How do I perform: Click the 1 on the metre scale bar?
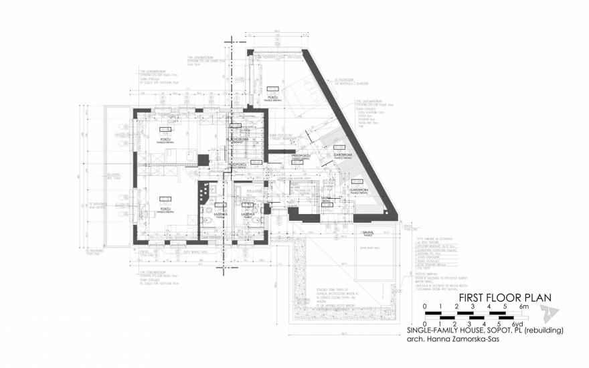(440, 306)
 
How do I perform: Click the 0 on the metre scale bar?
(424, 306)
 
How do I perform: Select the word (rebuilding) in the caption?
(541, 331)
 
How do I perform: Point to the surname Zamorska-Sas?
(473, 339)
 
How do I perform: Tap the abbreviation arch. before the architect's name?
(415, 339)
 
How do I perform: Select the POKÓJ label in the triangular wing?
(272, 98)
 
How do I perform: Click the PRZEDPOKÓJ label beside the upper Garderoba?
(303, 155)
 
